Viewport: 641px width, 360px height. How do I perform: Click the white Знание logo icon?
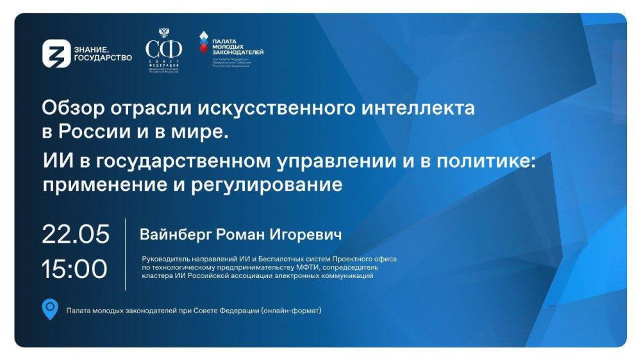(56, 54)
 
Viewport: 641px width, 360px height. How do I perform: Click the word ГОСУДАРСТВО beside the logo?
(104, 58)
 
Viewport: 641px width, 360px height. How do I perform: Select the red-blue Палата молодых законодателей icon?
(203, 43)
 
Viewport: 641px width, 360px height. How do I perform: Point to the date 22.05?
(76, 234)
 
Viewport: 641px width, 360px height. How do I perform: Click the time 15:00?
(74, 269)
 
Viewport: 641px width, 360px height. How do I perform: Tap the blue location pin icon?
(50, 309)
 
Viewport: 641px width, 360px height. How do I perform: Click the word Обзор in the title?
(69, 109)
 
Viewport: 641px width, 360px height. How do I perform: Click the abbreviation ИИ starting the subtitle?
(53, 162)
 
